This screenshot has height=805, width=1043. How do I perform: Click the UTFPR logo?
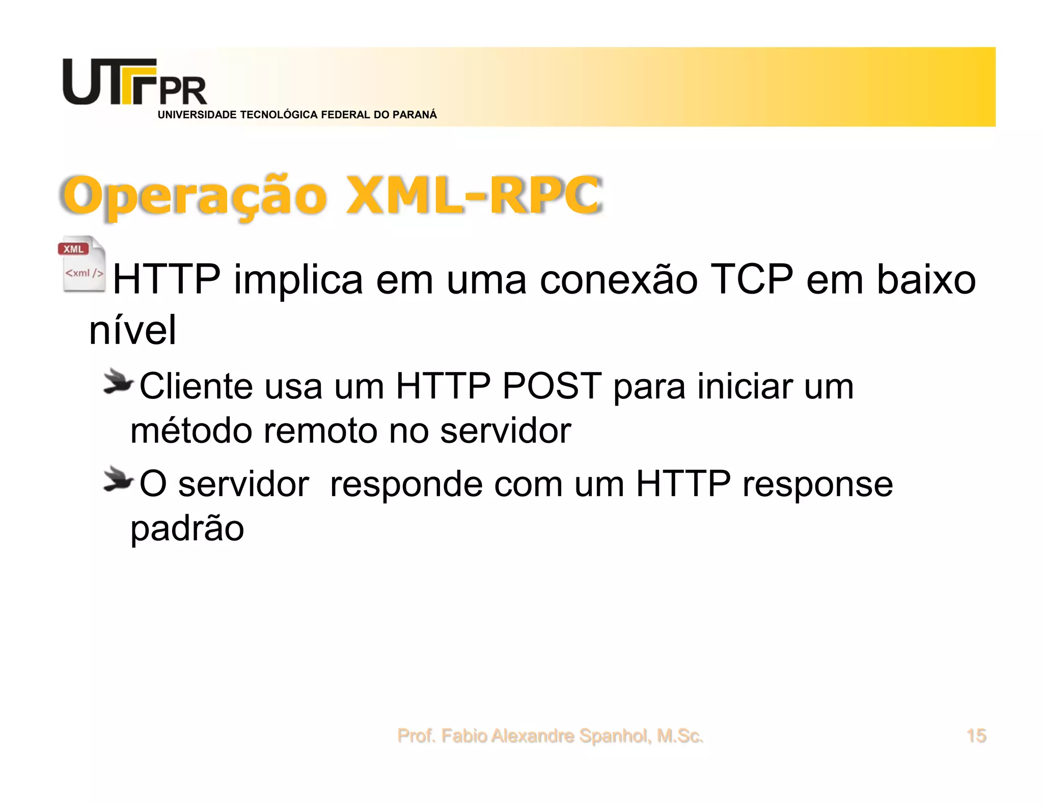[x=134, y=82]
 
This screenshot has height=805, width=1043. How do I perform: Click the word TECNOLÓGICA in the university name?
[x=279, y=115]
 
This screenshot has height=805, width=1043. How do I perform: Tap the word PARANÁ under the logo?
[x=415, y=115]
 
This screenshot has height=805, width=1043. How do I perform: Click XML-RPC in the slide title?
[x=474, y=195]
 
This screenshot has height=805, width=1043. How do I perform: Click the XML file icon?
[x=83, y=265]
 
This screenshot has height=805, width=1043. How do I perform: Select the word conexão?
[x=618, y=279]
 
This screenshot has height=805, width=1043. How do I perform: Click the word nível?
[x=133, y=330]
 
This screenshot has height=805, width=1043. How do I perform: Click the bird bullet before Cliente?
[x=118, y=383]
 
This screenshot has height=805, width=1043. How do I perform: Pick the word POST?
[x=552, y=386]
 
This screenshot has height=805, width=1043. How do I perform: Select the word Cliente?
[x=196, y=386]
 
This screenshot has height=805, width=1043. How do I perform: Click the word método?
[x=191, y=431]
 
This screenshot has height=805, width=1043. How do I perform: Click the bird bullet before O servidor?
[x=118, y=479]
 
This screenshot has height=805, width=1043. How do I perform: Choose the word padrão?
[x=187, y=529]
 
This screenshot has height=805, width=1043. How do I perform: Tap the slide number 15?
[x=976, y=736]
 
